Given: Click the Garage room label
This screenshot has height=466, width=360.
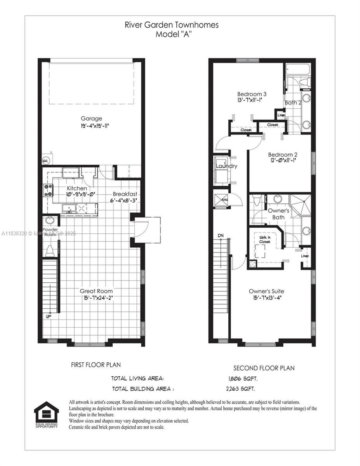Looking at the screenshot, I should coord(91,118).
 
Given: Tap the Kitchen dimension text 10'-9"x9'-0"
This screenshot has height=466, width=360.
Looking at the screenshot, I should coord(77,195).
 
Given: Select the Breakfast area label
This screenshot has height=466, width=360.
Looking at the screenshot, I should coord(125,194).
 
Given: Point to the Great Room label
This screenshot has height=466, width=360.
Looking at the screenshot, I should coord(96,291).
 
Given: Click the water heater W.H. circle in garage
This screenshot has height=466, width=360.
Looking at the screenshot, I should coord(45,160).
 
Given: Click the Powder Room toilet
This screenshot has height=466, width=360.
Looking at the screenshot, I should coord(49,251).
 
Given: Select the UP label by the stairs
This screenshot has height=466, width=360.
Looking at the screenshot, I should coord(49,316).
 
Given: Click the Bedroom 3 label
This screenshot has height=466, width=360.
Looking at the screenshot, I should coord(252,94).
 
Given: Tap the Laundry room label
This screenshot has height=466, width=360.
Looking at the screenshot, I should coord(226,166).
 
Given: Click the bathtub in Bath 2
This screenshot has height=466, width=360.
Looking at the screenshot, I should coord(298,70).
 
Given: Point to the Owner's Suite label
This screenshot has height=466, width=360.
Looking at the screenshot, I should coord(266,291).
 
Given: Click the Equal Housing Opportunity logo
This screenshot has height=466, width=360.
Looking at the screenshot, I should coord(46,414).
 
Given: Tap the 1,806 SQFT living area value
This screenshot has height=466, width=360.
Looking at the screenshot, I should coord(242,378).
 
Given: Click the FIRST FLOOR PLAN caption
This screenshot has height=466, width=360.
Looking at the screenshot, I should coord(96,365).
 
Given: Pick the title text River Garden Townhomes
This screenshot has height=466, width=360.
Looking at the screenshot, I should coord(171,25).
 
